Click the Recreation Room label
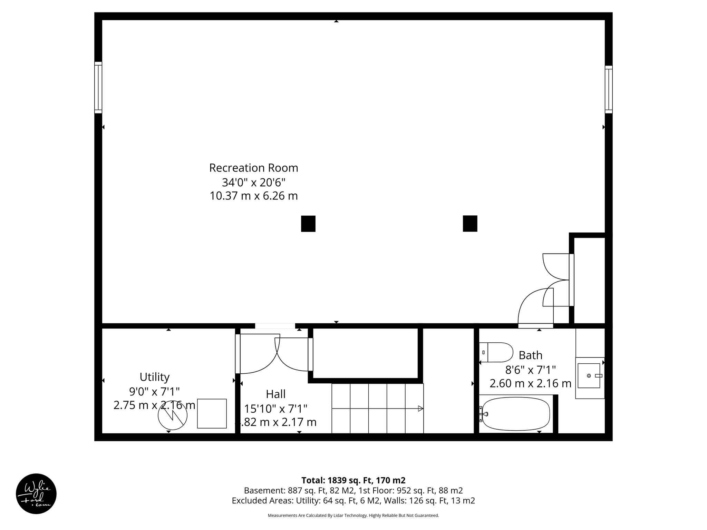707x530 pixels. tap(253, 168)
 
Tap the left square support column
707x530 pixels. tap(308, 224)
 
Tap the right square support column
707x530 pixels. tap(470, 224)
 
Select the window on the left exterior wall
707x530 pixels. tap(98, 88)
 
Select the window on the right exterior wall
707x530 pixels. tap(608, 89)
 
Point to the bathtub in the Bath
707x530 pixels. tap(516, 414)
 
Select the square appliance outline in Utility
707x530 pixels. tap(212, 413)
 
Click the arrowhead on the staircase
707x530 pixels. tap(420, 409)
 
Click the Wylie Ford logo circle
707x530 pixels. tap(36, 494)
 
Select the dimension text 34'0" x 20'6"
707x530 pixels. tap(253, 182)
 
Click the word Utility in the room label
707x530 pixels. tap(154, 377)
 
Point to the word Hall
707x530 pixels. tap(275, 394)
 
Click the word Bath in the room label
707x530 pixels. tap(530, 355)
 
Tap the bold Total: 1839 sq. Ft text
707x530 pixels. tap(353, 480)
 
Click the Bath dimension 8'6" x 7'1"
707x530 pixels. tap(530, 370)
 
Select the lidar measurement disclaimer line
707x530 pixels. tap(353, 516)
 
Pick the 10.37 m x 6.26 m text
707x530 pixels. tap(253, 196)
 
